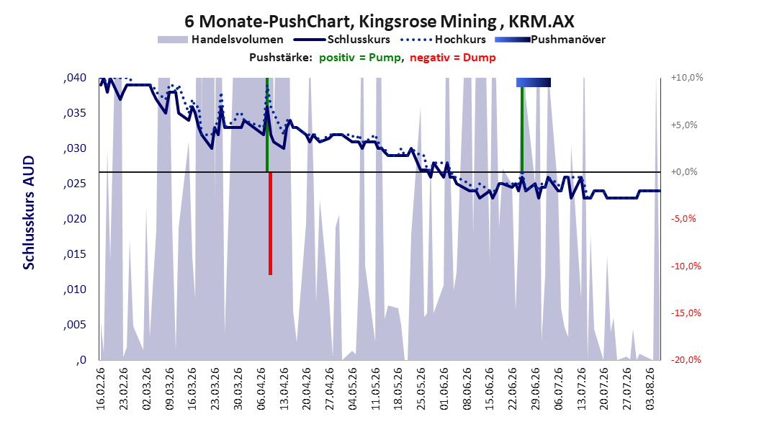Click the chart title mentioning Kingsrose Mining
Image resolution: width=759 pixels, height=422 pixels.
click(x=379, y=22)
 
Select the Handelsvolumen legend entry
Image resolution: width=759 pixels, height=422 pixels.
click(x=221, y=40)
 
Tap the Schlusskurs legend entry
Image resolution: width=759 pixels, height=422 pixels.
click(x=342, y=40)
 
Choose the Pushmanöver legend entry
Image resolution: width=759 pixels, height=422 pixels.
click(x=550, y=40)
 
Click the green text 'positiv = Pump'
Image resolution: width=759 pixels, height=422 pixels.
click(x=360, y=58)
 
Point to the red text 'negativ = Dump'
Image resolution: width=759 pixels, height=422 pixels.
click(x=453, y=58)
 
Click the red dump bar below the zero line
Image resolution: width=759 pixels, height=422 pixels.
click(x=270, y=223)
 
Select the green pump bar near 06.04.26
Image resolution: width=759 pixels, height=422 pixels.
click(x=266, y=125)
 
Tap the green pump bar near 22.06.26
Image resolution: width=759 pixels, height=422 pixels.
click(x=522, y=130)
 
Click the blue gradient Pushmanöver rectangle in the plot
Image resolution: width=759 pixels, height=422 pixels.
click(x=534, y=82)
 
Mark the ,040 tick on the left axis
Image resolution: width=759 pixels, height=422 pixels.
click(x=75, y=78)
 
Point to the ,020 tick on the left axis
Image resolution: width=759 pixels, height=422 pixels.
click(x=75, y=219)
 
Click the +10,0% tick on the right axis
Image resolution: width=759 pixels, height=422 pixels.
click(x=687, y=78)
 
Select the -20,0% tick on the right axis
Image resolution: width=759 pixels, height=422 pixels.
click(x=686, y=359)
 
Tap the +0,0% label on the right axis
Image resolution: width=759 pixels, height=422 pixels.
click(x=684, y=172)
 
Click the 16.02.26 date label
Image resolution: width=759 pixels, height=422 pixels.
click(x=101, y=389)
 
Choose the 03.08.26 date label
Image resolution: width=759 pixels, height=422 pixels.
click(x=650, y=389)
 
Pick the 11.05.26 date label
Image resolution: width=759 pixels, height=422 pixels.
click(x=376, y=389)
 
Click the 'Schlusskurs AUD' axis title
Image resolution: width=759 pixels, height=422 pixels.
click(x=29, y=212)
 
